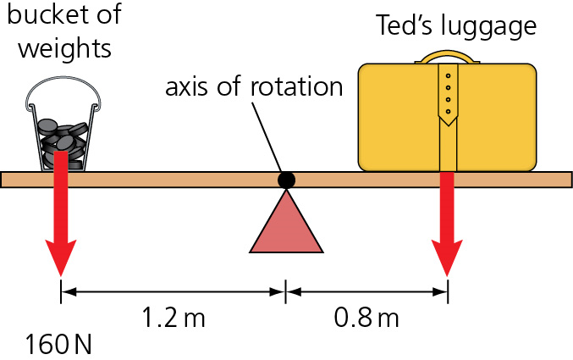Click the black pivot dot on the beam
pos(287,180)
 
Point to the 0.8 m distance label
pos(366,319)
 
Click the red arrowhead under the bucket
pos(61,254)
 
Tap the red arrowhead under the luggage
pos(448,254)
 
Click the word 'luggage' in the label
pos(494,26)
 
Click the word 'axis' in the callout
pos(186,87)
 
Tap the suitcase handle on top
pos(448,58)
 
